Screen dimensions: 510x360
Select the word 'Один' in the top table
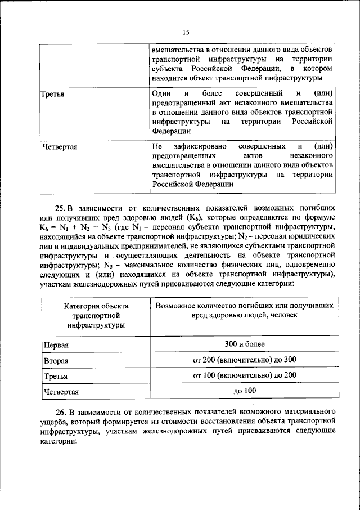(161, 93)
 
